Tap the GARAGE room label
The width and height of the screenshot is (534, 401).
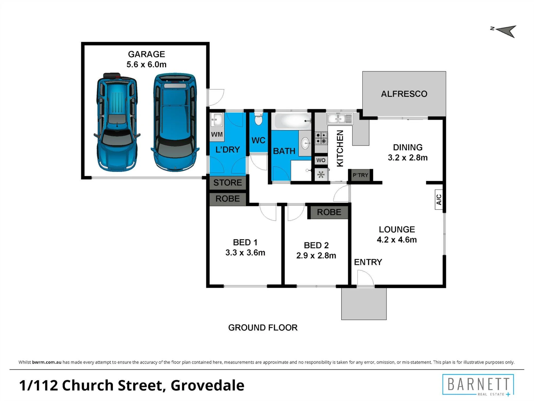point(147,54)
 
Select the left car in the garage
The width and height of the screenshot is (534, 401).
point(117,122)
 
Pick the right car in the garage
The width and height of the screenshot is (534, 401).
point(175,122)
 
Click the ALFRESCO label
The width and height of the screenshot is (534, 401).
point(404,94)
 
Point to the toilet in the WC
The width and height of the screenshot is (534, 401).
point(258,119)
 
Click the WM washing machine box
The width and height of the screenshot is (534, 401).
point(217,134)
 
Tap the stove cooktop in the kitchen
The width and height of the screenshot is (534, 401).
point(321,138)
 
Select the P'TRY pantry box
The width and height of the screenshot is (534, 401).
point(360,175)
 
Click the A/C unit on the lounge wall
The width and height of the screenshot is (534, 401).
point(439,199)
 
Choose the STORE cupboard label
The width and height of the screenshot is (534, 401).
point(227,183)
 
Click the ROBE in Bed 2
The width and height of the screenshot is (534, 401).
point(329,212)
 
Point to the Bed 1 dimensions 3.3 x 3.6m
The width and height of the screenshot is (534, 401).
point(245,253)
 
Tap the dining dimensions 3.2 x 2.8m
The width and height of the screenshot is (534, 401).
point(408,157)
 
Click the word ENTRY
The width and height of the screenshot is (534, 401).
point(368,262)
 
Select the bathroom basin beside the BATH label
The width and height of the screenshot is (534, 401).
point(305,143)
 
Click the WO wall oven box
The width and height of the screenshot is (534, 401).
point(321,160)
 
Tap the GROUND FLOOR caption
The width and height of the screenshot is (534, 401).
point(263,327)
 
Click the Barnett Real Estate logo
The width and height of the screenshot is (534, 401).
point(478,385)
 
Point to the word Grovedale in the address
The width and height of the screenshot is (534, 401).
point(207,385)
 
